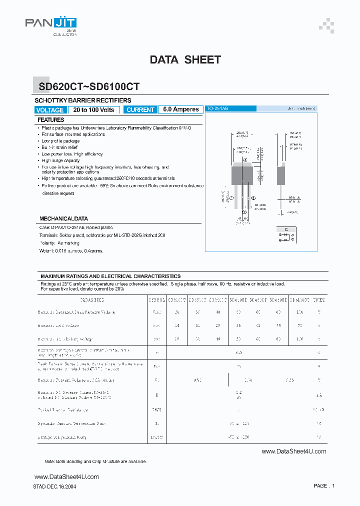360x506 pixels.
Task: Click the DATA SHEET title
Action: point(185,59)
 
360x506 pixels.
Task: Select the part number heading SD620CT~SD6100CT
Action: point(89,86)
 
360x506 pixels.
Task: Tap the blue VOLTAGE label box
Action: point(50,110)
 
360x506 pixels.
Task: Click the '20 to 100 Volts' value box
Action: point(93,110)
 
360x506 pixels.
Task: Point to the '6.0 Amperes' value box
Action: point(180,110)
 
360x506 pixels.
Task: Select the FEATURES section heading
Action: point(51,120)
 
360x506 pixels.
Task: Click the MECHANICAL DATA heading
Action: point(63,218)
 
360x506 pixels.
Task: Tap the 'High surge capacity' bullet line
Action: point(60,160)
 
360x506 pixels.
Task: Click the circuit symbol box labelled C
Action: point(286,235)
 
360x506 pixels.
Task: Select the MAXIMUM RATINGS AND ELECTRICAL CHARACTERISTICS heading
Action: point(110,276)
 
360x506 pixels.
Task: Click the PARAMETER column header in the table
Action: point(92,300)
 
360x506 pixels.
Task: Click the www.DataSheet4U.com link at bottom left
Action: point(66,476)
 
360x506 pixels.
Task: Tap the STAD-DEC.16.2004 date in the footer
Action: point(54,486)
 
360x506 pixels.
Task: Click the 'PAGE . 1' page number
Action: point(324,485)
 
